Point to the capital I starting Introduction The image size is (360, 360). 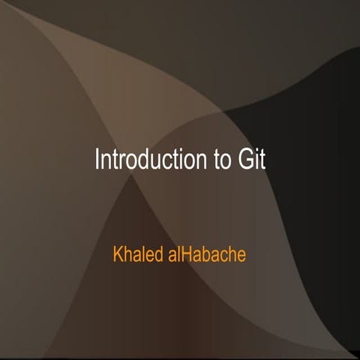(x=97, y=160)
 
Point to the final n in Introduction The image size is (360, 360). (x=199, y=162)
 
